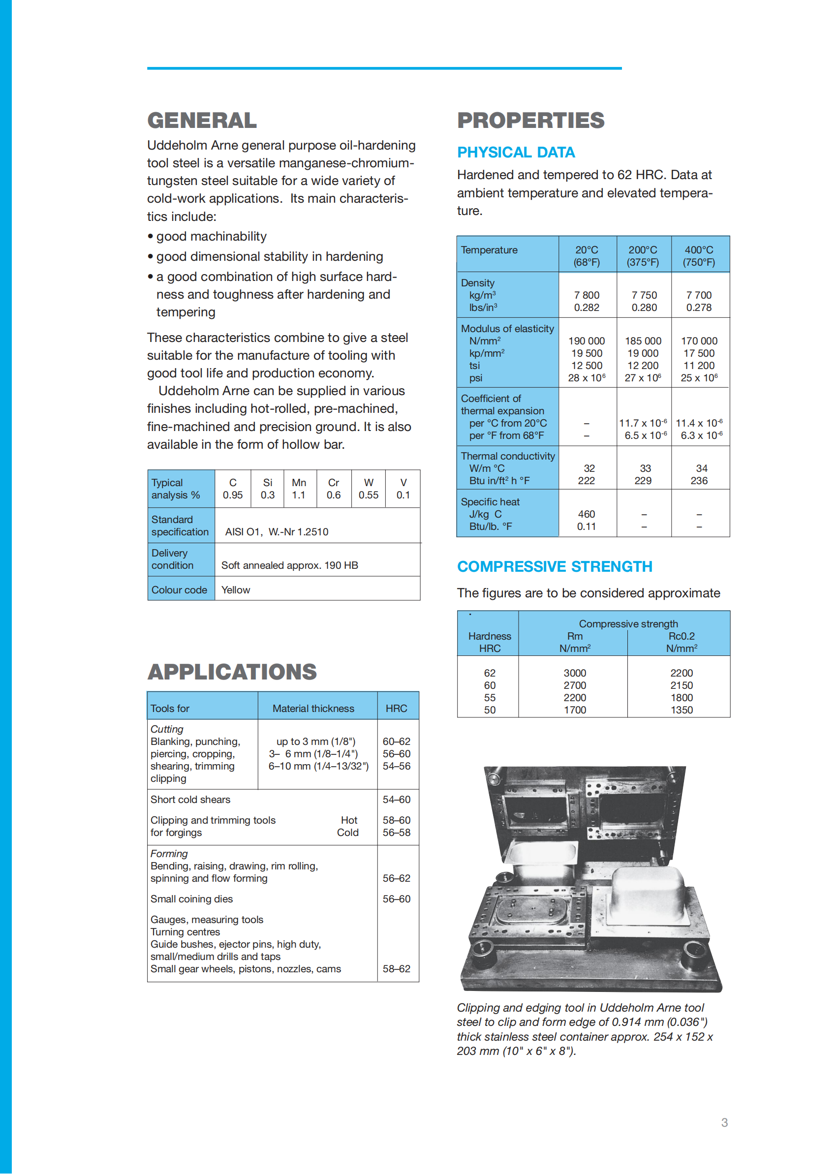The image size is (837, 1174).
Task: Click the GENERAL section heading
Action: pos(202,121)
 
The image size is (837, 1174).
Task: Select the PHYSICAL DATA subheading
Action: pos(516,153)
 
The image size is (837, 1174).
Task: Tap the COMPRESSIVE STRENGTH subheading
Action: pos(555,567)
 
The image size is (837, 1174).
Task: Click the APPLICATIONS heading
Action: pos(232,672)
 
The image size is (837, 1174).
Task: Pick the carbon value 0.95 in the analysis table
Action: pos(232,495)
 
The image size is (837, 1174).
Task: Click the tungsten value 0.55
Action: pos(369,495)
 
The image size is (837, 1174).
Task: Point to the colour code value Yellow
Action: pos(236,590)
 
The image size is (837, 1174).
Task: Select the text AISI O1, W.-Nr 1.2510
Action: pos(276,532)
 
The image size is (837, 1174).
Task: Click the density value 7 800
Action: pos(587,295)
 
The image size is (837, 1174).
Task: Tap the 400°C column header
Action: pos(699,256)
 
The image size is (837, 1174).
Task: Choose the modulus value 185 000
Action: pos(643,341)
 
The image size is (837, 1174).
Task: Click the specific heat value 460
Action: pos(587,514)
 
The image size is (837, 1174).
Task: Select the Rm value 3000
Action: pos(575,673)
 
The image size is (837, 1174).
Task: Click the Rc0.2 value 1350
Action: pos(682,710)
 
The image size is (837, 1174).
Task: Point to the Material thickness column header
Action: pos(313,709)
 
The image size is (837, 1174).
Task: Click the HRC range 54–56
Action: pos(396,766)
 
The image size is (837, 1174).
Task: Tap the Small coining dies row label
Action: pos(192,899)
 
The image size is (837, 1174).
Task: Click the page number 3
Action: pos(724,1122)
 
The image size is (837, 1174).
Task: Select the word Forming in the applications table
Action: pos(169,854)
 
